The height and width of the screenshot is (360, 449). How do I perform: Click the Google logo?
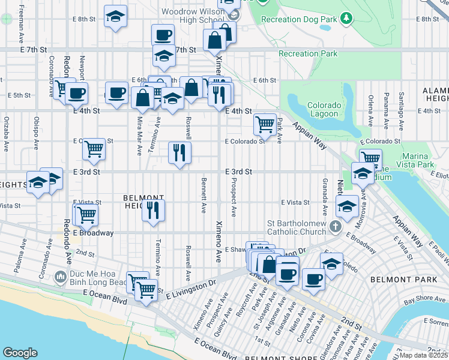click(x=20, y=353)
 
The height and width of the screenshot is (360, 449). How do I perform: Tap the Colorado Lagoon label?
click(x=324, y=109)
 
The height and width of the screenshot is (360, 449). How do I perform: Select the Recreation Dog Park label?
click(x=299, y=19)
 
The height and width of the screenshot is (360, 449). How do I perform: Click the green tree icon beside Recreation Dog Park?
click(x=346, y=19)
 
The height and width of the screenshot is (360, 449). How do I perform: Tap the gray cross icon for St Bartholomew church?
click(x=336, y=226)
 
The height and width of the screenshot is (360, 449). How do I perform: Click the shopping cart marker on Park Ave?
click(x=264, y=124)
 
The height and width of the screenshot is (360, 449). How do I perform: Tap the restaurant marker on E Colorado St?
click(x=179, y=152)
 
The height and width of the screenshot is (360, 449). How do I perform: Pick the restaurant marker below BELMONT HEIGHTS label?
click(x=153, y=210)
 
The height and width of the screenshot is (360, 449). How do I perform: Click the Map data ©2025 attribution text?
click(x=423, y=355)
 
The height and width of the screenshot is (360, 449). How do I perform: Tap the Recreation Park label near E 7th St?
click(x=308, y=54)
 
